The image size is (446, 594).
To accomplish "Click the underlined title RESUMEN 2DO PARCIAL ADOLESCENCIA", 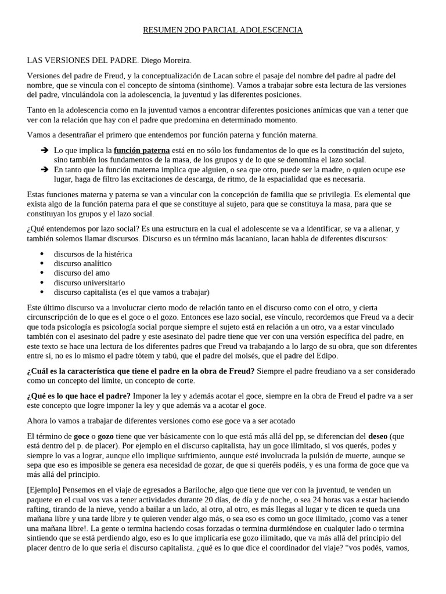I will point(223,30).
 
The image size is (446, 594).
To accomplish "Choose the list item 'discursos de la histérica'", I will point(93,254).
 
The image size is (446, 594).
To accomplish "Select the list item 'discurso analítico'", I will point(82,263).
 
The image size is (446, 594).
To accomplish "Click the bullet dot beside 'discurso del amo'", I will point(42,273).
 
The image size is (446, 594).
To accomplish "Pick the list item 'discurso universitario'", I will point(89,282).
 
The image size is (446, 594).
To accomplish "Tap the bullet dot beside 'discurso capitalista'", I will point(42,292).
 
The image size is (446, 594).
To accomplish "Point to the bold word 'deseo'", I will point(378,436).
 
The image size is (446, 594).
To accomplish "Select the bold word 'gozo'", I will point(106,436).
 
